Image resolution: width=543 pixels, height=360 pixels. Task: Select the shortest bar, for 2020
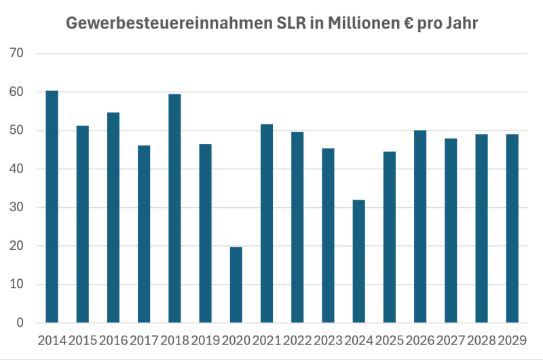(x=236, y=285)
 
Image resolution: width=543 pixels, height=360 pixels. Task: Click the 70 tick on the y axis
(x=16, y=53)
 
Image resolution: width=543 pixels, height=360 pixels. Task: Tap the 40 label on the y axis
(x=16, y=168)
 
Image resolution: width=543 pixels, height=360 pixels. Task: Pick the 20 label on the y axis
(x=16, y=246)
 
